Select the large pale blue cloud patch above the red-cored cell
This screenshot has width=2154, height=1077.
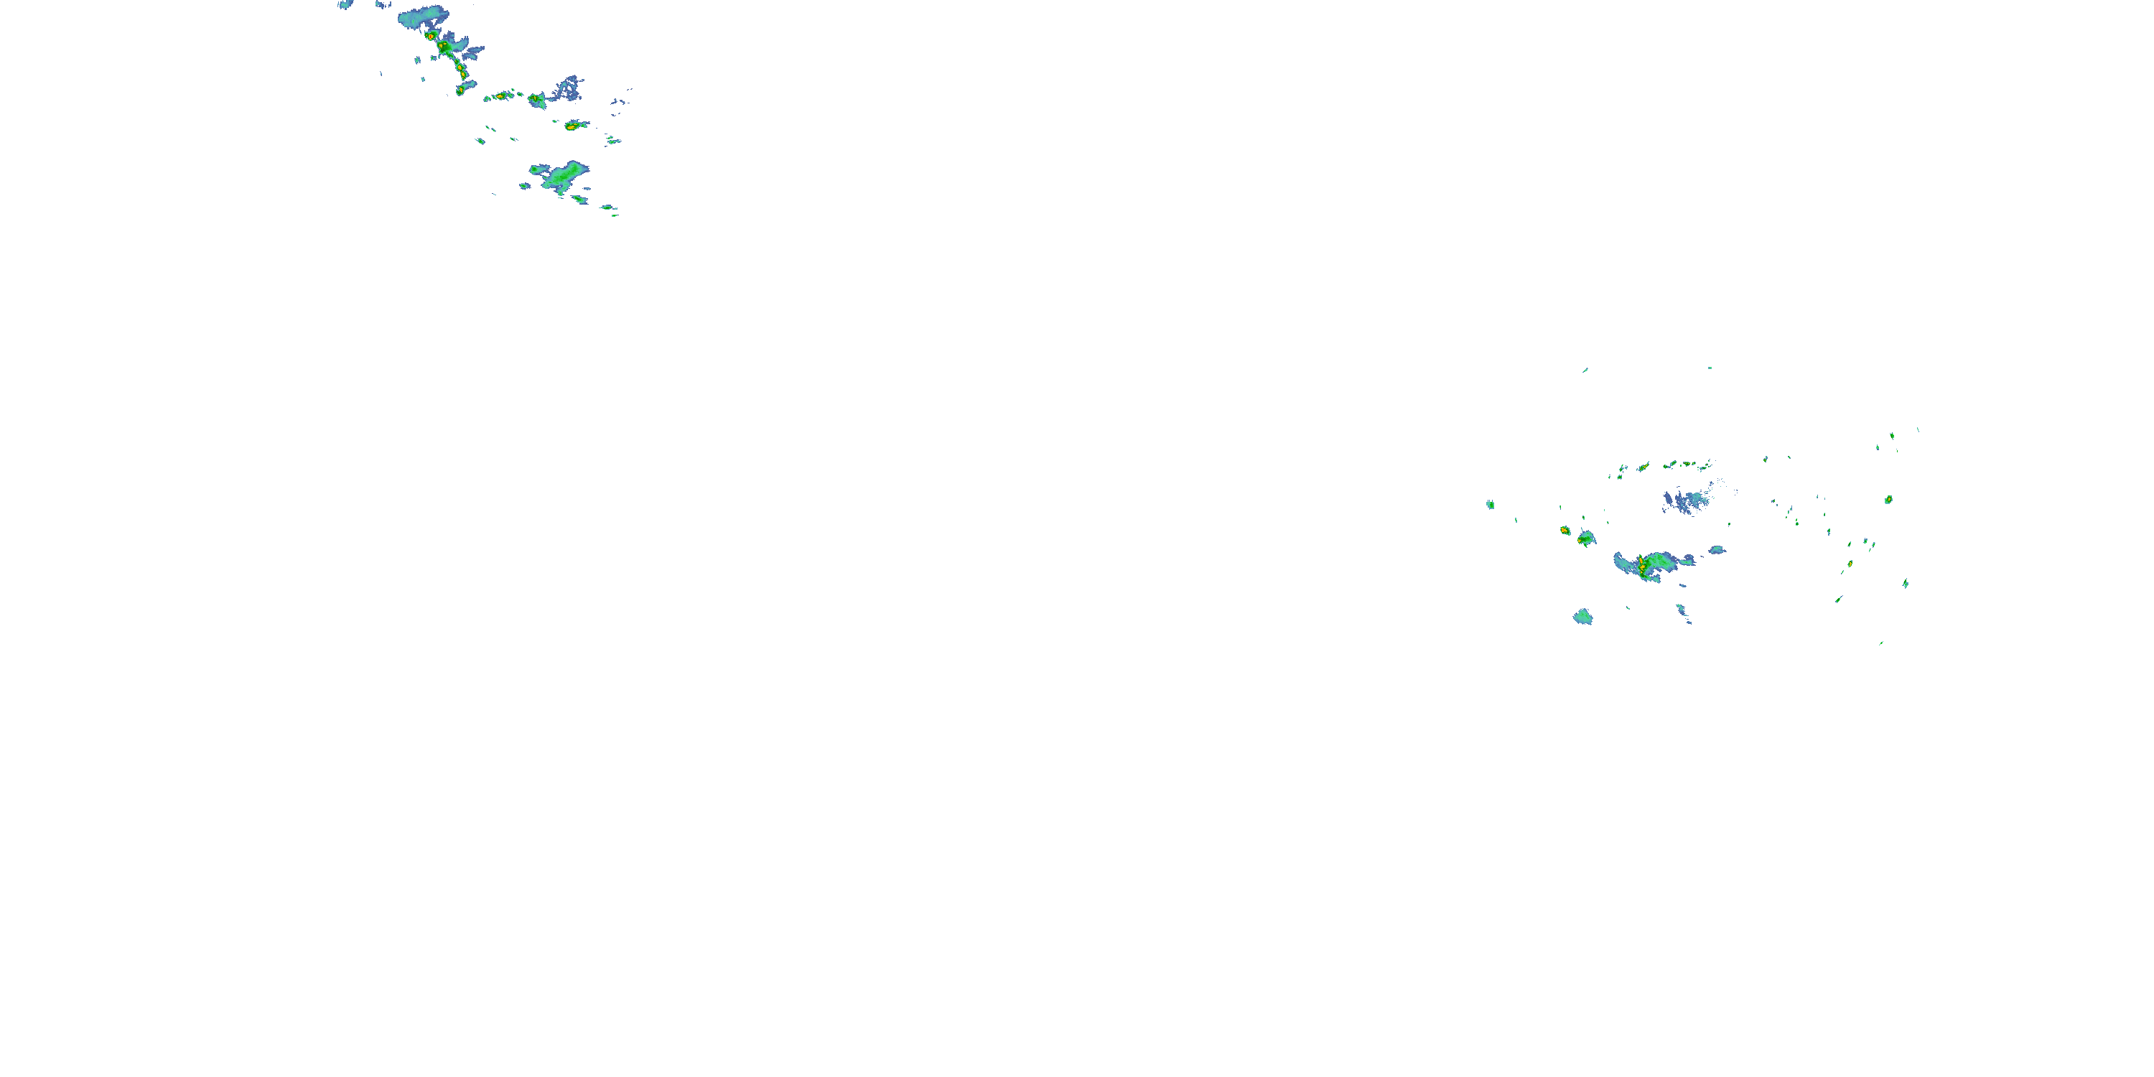tap(422, 16)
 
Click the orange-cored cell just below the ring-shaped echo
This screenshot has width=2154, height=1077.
tap(572, 126)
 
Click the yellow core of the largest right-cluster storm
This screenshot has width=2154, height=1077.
tap(1642, 567)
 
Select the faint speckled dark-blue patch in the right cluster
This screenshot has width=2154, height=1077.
tap(1687, 502)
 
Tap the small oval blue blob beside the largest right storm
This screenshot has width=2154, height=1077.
tap(1717, 549)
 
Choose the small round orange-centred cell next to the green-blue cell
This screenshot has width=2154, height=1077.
tap(1565, 530)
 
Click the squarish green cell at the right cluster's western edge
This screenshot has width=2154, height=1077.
tap(1490, 504)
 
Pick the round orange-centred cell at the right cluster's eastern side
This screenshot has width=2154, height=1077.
tap(1888, 499)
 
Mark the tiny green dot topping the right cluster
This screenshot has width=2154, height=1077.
tap(1709, 368)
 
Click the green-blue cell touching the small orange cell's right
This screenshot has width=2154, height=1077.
tap(1585, 538)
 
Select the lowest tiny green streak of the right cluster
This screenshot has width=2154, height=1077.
tap(1880, 643)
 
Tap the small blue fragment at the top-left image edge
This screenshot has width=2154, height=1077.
tap(345, 4)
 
